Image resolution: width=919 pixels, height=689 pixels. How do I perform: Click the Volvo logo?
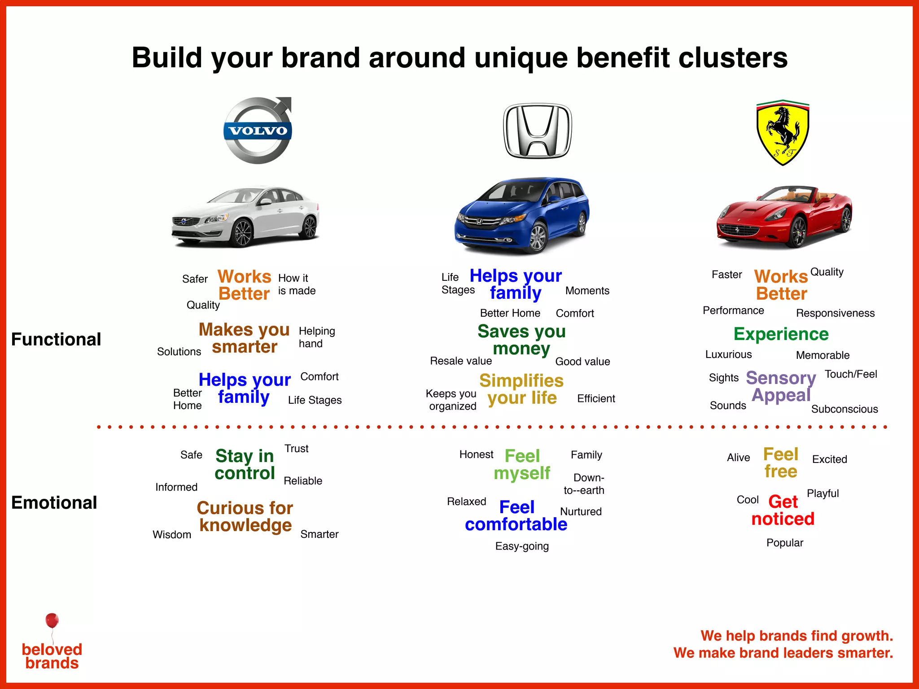click(x=258, y=131)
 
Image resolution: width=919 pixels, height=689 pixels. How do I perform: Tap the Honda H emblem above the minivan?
click(x=538, y=131)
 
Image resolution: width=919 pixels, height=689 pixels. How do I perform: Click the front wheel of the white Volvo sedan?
click(x=242, y=232)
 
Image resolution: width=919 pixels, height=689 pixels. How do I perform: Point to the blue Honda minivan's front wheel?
click(x=537, y=237)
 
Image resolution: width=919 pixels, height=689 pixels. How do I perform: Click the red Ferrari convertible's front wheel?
click(x=798, y=231)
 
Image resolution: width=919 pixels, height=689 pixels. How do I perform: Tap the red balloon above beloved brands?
click(x=52, y=620)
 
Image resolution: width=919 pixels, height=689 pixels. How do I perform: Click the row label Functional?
click(x=56, y=339)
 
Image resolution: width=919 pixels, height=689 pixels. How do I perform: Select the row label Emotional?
click(x=54, y=502)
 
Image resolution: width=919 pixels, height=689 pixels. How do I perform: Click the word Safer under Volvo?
click(x=195, y=279)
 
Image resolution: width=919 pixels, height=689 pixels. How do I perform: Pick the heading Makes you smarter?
click(x=245, y=338)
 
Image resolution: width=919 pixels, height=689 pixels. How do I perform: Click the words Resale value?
click(x=461, y=361)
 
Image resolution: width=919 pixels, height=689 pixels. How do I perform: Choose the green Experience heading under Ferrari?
click(x=781, y=334)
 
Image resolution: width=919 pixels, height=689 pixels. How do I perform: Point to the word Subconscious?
click(x=845, y=409)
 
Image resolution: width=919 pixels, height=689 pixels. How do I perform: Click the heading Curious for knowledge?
click(x=245, y=516)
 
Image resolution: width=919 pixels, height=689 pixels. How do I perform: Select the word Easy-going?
click(x=522, y=546)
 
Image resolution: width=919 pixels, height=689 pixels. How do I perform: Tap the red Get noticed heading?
click(x=783, y=510)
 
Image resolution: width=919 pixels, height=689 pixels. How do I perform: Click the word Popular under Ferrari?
click(x=785, y=543)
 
